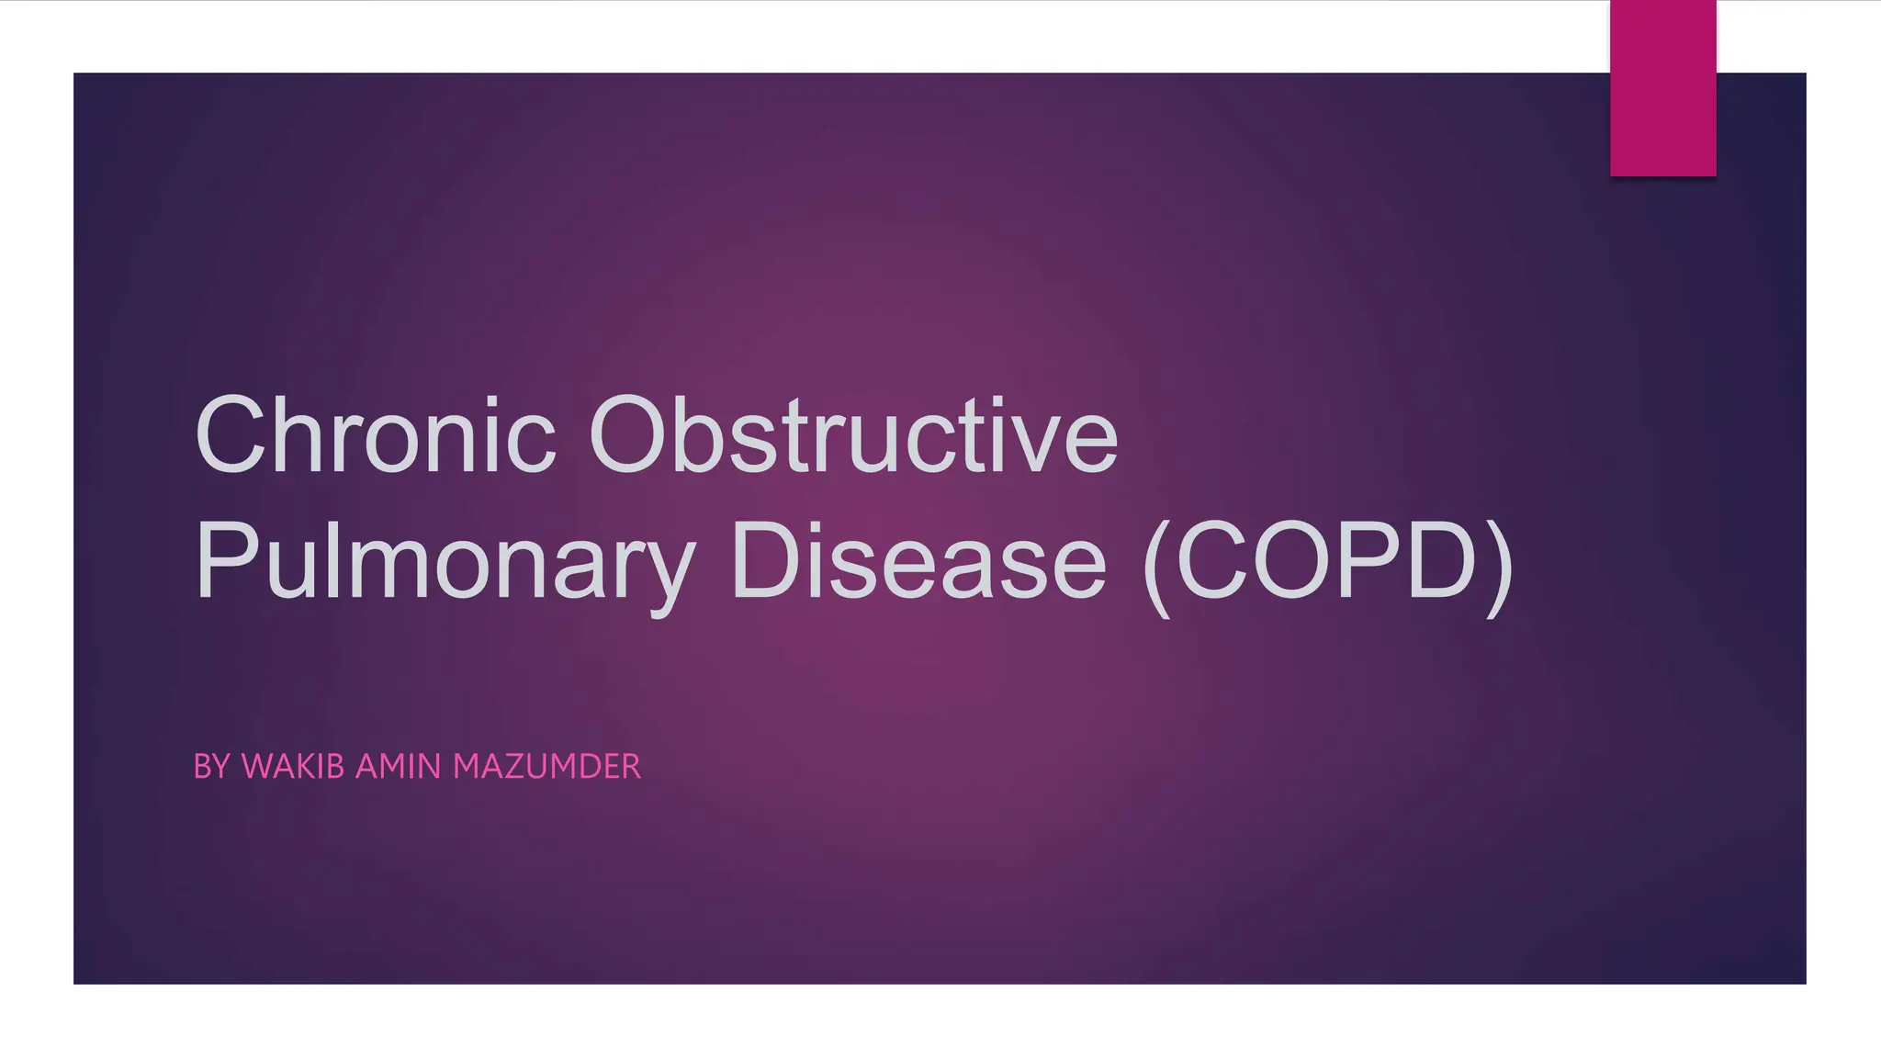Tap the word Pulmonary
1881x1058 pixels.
coord(445,560)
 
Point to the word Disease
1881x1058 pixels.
coord(918,560)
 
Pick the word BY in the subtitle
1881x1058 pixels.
coord(211,766)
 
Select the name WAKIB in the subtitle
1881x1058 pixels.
coord(293,766)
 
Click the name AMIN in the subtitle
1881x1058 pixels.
coord(399,766)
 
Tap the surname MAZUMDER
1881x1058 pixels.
coord(546,766)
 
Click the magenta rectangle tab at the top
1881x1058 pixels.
coord(1662,88)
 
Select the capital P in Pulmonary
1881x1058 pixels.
coord(226,560)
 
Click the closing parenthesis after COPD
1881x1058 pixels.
coord(1499,565)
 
